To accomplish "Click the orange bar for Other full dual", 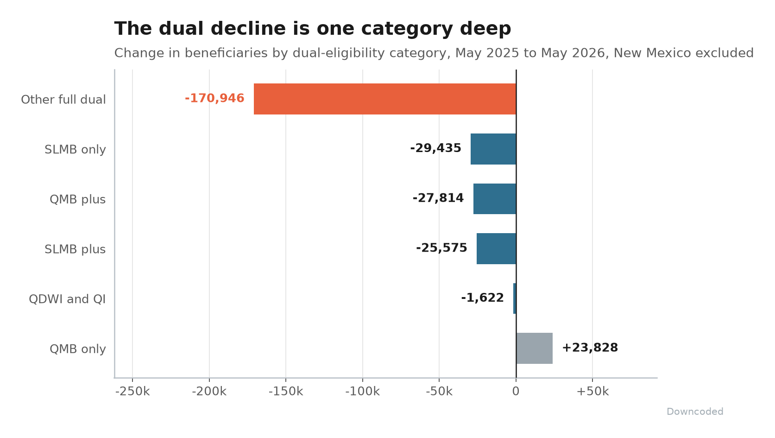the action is (x=385, y=99).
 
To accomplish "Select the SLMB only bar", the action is (x=493, y=149).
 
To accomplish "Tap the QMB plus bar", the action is (x=495, y=199).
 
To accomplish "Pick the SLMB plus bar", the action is (x=497, y=248).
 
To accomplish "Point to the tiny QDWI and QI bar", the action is (x=515, y=298).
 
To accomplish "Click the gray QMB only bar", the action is (x=535, y=349).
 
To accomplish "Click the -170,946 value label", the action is (x=214, y=98).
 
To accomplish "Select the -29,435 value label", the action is (x=435, y=148).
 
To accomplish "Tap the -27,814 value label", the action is (x=438, y=198).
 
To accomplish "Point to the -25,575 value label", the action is (x=441, y=248).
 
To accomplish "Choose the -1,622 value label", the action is (x=482, y=298).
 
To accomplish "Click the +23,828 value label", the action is (x=590, y=348).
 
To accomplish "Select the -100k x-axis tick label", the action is (x=363, y=392).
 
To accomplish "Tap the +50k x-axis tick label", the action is (x=592, y=392).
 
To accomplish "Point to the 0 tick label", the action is (x=516, y=392).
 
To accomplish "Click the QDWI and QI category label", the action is (x=67, y=299).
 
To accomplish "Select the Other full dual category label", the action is (x=63, y=100).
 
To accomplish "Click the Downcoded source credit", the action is (x=695, y=412).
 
